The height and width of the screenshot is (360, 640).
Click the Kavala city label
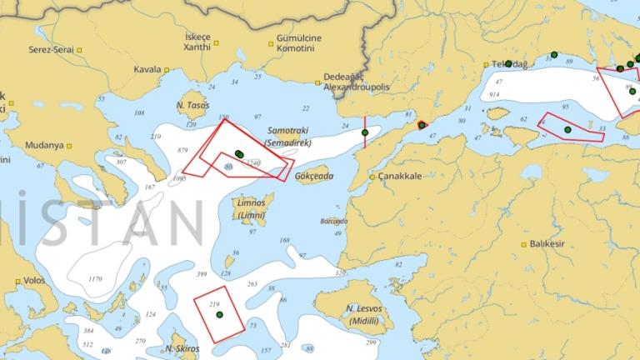(x=147, y=69)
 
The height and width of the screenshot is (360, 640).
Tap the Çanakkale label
(x=400, y=177)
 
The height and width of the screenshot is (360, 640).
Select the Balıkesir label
(x=546, y=244)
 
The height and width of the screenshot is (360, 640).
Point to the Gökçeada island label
(x=314, y=177)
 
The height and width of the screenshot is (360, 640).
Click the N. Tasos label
(x=192, y=106)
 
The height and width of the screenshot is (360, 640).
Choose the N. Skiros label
(x=180, y=347)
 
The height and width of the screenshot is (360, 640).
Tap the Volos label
(x=34, y=281)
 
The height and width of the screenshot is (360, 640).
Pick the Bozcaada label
(x=332, y=222)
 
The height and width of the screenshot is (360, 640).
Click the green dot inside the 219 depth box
(x=219, y=315)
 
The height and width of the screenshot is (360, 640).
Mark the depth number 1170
(x=95, y=278)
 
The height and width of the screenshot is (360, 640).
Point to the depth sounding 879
(x=184, y=149)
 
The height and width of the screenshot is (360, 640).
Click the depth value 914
(x=494, y=96)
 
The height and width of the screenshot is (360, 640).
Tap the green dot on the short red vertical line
(x=364, y=132)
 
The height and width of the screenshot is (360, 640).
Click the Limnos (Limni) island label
(x=251, y=208)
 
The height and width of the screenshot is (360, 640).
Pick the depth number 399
(x=201, y=274)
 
